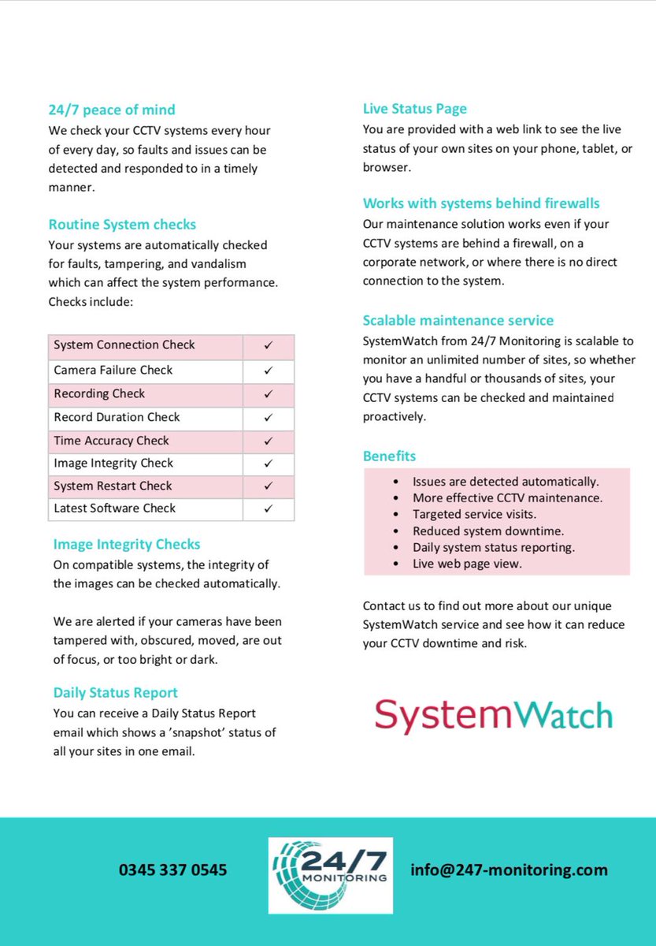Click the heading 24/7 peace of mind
coord(112,110)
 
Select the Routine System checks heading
coord(122,225)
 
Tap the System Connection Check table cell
coord(124,345)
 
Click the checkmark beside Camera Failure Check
coord(268,370)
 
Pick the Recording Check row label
coord(100,393)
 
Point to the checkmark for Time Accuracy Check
coord(268,441)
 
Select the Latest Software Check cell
coord(115,508)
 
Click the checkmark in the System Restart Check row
coord(268,486)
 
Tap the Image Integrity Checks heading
coord(127,544)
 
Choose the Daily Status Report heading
coord(116,693)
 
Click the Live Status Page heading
coord(415,109)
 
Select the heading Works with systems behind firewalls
coord(481,203)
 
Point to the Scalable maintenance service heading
coord(458,320)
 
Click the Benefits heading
coord(390,456)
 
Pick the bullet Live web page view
coord(467,564)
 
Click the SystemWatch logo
coord(493,715)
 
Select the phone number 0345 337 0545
coord(173,870)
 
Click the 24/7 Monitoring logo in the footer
coord(330,875)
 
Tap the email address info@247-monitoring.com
coord(509,870)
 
